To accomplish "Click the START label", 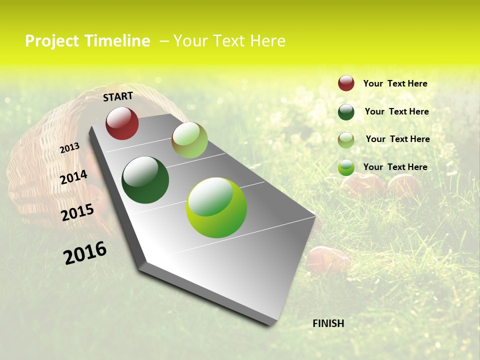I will click(x=118, y=96).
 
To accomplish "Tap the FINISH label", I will click(x=328, y=323).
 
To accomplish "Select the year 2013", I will click(x=69, y=148).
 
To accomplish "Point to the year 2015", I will click(x=77, y=212).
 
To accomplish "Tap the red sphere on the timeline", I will click(x=122, y=123).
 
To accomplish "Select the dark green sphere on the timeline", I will click(x=145, y=180).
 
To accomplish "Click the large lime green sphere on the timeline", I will click(x=216, y=207).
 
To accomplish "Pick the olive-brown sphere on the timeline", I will click(x=189, y=140).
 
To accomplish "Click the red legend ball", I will click(x=346, y=83).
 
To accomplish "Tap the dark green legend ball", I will click(x=346, y=112).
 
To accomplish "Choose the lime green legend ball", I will click(x=346, y=167).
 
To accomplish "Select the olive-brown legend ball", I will click(x=346, y=140).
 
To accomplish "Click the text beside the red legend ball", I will click(x=395, y=83).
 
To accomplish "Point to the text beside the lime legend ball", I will click(x=395, y=167).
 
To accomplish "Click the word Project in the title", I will click(x=51, y=41).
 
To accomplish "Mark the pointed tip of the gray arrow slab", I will click(x=272, y=323).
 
